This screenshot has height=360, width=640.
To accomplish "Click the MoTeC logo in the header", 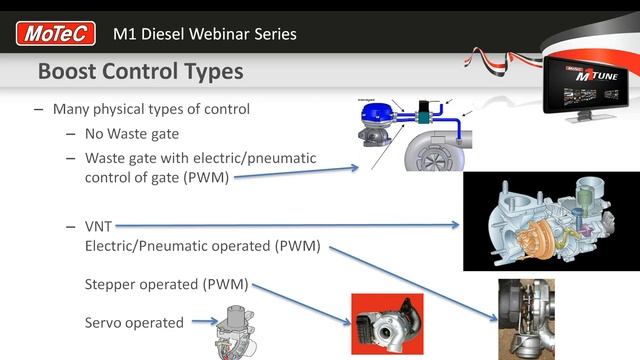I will (x=56, y=34).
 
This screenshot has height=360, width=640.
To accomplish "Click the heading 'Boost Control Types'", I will (x=140, y=73).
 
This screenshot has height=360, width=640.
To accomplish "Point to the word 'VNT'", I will (x=98, y=226).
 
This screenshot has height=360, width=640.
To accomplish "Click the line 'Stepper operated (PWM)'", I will (x=166, y=284).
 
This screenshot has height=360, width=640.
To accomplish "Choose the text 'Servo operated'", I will (x=134, y=322).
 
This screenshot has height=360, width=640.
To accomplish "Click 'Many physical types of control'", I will (x=150, y=109).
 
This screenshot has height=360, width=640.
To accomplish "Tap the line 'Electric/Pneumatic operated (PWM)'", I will (x=203, y=245).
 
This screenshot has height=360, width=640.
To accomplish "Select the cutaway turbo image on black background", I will (x=551, y=221).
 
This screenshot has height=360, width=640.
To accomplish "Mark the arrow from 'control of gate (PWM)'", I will (x=296, y=173).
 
